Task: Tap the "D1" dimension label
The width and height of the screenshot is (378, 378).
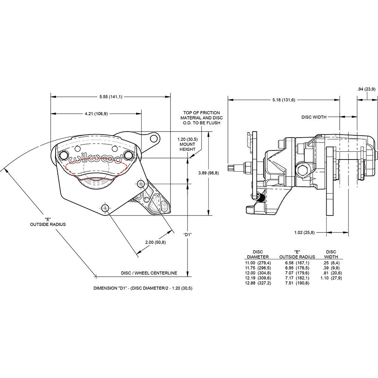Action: point(187,234)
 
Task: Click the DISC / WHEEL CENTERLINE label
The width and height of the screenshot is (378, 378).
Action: point(149,273)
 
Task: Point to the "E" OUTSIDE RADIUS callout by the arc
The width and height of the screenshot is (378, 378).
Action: point(48,222)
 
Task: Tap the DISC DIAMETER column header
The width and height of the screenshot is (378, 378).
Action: point(258,254)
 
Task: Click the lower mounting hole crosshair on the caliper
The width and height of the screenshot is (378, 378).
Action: point(105,208)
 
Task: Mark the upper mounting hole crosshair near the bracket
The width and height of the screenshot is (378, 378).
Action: point(141,184)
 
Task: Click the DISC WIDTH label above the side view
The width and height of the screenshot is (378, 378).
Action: point(314,117)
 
